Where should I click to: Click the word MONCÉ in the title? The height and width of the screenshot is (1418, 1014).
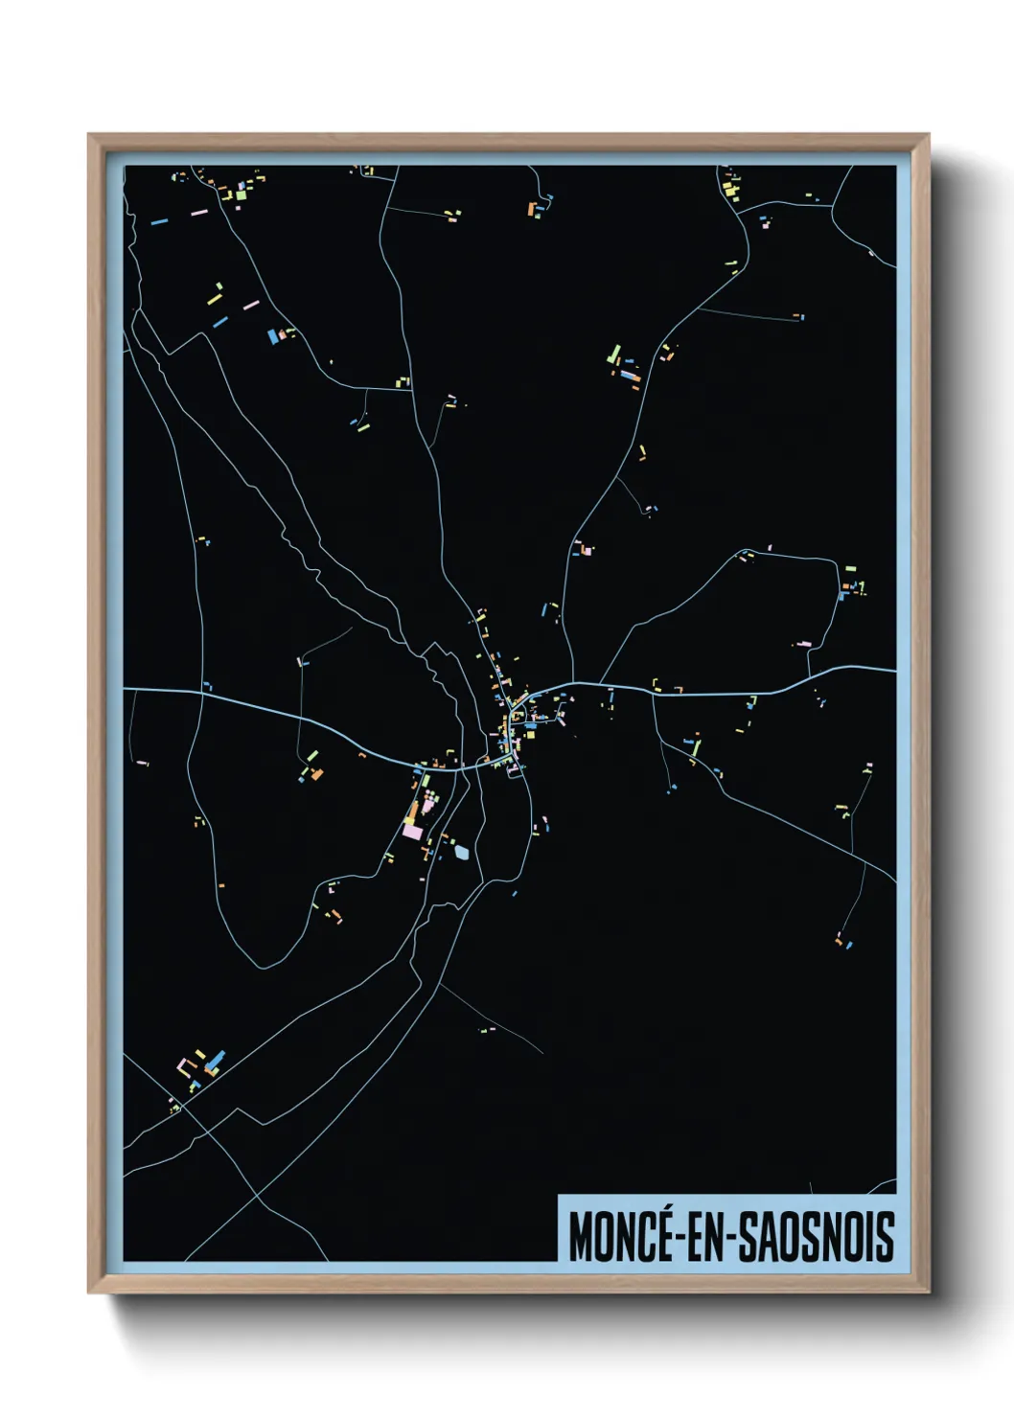613,1237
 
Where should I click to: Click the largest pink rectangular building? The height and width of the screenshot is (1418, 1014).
412,832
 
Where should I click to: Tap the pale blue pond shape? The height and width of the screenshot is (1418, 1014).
463,850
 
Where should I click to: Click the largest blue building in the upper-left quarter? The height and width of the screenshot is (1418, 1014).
272,336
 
